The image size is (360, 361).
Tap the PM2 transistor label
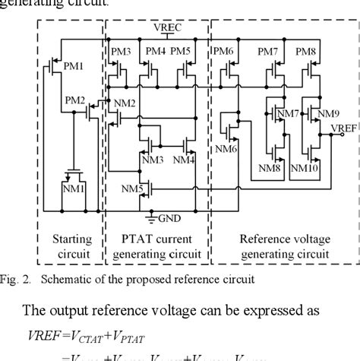click(75, 100)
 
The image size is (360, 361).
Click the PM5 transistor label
click(182, 51)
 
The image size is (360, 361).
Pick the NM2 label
click(125, 103)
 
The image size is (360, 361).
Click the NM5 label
click(131, 188)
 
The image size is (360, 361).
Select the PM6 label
click(224, 51)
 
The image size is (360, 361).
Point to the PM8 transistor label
click(306, 51)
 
